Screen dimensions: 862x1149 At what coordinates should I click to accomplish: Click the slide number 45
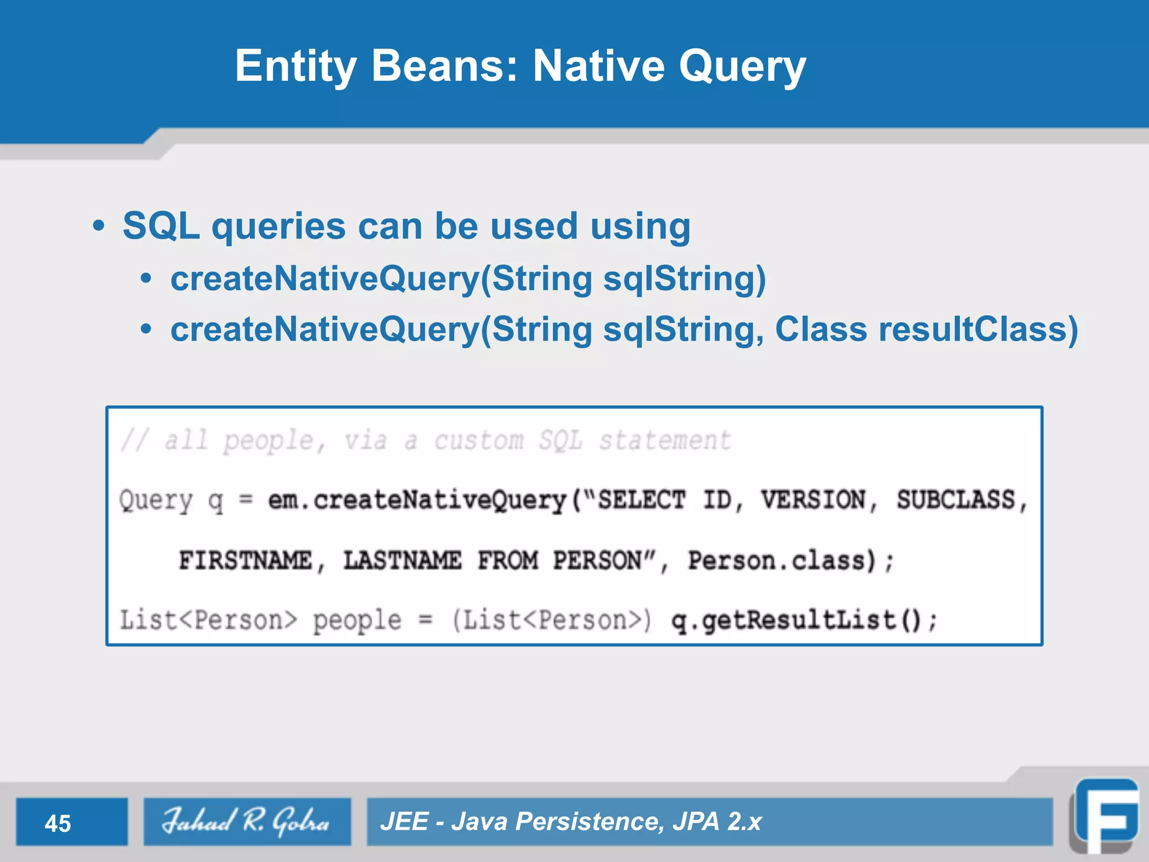pos(58,823)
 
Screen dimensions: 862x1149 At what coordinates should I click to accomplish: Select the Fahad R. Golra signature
pos(246,821)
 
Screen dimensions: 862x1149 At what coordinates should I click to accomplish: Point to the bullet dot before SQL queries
pos(99,227)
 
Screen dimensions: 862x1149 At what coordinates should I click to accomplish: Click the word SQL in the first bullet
pos(161,226)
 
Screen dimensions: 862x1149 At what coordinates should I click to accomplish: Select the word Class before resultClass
pos(821,329)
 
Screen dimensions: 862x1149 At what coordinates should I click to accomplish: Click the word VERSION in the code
pos(813,500)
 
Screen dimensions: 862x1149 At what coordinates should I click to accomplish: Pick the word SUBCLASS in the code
pos(956,500)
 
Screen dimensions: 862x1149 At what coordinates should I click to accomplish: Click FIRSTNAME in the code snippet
pos(245,560)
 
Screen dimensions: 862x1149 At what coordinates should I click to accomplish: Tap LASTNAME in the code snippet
pos(402,560)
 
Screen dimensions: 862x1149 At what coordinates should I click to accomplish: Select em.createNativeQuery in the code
pos(417,500)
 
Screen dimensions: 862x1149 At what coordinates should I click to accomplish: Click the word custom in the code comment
pos(479,441)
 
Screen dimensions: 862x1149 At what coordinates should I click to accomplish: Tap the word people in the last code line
pos(357,621)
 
